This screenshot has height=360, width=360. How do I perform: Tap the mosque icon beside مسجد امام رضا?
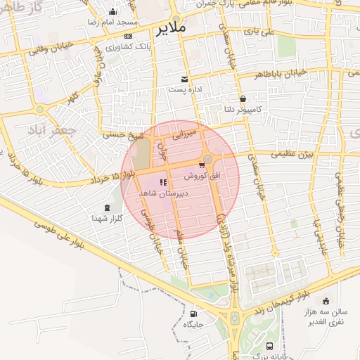click(113, 11)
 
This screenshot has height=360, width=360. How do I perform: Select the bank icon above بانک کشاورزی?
click(127, 36)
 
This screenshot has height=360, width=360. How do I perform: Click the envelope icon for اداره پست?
click(184, 79)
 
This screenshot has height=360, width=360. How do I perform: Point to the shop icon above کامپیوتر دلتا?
click(243, 98)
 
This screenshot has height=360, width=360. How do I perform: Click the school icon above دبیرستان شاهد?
click(163, 182)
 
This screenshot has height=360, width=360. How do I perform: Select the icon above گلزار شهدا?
click(107, 207)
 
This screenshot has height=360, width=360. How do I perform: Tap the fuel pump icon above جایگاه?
click(193, 314)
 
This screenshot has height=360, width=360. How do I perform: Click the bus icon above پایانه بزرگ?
click(271, 346)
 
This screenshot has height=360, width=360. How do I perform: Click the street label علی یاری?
click(258, 31)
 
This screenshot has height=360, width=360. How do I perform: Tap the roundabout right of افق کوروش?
click(208, 160)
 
